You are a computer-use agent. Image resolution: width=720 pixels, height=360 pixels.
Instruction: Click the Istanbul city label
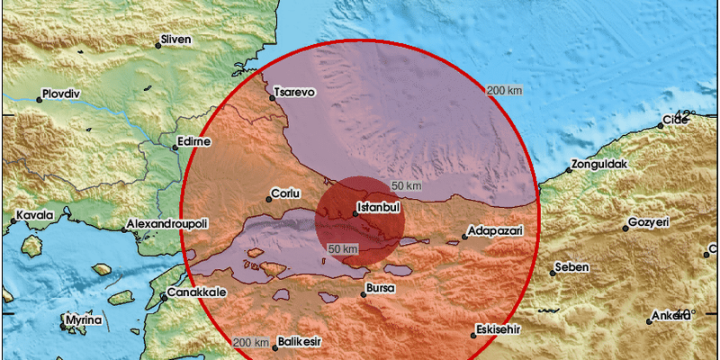point(378,208)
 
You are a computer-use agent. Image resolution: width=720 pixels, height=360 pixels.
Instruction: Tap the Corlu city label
point(285,193)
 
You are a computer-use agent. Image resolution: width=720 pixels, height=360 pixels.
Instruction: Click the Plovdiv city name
point(61,94)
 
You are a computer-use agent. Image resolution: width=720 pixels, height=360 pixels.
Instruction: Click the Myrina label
point(84,319)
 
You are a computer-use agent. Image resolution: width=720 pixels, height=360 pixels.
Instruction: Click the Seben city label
point(572,267)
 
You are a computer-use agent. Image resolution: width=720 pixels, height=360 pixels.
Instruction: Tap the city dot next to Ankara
point(650,321)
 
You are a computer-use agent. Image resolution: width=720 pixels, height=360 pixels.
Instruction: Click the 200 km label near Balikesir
point(250,343)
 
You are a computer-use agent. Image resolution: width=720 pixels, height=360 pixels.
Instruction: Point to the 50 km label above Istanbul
point(407,185)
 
